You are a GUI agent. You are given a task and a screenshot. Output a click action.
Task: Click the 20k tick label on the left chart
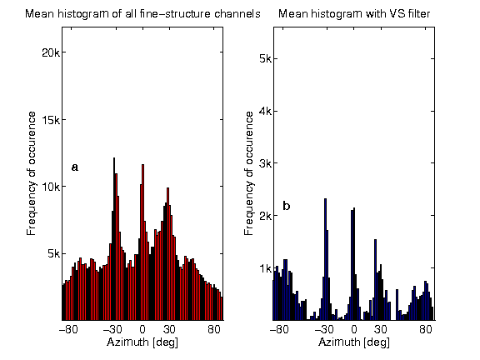pos(47,52)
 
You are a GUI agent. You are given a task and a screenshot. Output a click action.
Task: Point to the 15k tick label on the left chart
pos(47,119)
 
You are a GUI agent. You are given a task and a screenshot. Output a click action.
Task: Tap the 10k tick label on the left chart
pos(47,187)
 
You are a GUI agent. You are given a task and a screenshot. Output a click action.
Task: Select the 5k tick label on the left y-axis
pos(50,253)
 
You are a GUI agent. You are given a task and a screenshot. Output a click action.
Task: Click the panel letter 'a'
pos(75,167)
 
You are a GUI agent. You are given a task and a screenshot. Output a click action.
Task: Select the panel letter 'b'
pos(287,205)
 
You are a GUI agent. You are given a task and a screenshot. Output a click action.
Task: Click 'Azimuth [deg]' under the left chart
pos(142,342)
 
